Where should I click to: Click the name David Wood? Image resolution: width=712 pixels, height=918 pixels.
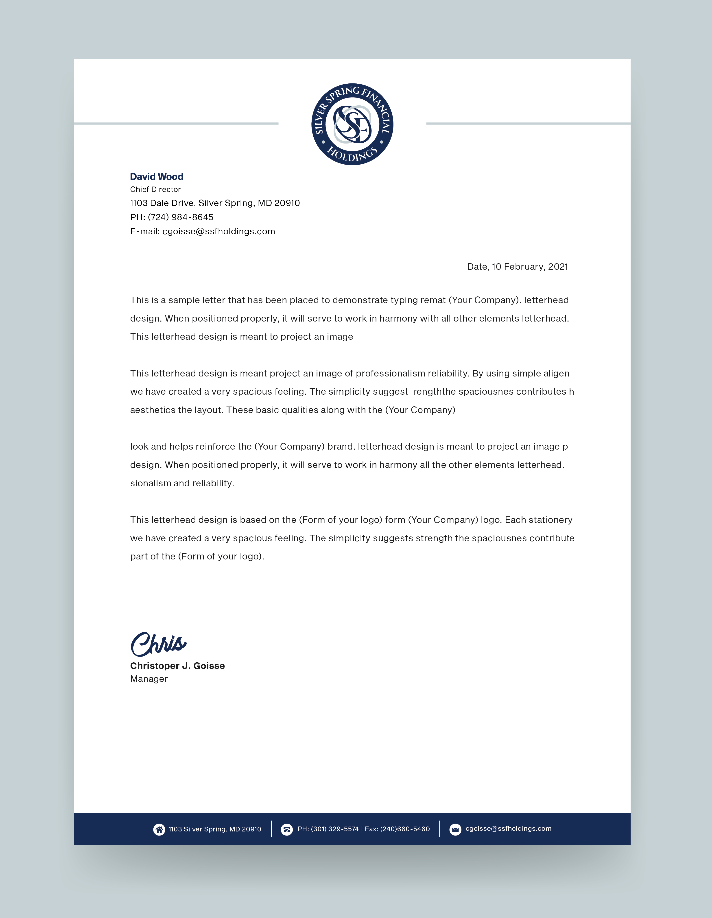(156, 176)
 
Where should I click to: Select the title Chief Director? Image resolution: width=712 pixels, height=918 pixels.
(155, 189)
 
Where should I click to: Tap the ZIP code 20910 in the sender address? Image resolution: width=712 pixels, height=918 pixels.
(287, 203)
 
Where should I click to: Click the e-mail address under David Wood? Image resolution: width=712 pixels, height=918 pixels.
(219, 232)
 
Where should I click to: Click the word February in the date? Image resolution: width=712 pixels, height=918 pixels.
(524, 267)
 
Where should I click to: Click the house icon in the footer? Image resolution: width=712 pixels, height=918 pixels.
(159, 829)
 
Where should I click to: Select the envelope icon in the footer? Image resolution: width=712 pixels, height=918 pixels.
(455, 829)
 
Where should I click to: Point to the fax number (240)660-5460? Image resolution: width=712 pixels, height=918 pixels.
(405, 829)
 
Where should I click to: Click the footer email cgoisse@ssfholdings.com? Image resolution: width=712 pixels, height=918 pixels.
(508, 829)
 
